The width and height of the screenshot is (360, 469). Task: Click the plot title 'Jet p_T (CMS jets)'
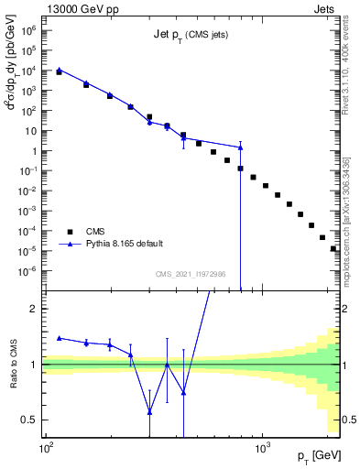pyautogui.click(x=190, y=35)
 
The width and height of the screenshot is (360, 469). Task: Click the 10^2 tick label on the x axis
pyautogui.click(x=46, y=445)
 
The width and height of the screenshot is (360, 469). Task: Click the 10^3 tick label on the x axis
pyautogui.click(x=262, y=445)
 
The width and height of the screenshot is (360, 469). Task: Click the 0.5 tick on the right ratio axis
pyautogui.click(x=346, y=420)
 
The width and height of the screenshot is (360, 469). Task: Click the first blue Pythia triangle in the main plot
pyautogui.click(x=59, y=69)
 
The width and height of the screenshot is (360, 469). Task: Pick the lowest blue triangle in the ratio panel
pyautogui.click(x=149, y=412)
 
